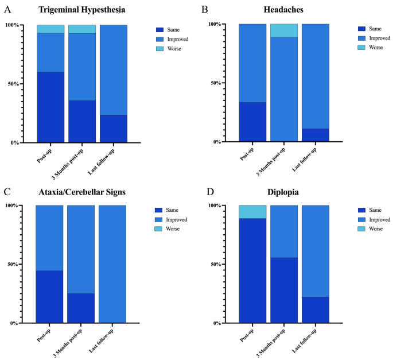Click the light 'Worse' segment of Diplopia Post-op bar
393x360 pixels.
(252, 212)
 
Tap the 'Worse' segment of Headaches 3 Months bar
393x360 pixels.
(284, 30)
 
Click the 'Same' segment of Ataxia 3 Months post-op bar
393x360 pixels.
(81, 308)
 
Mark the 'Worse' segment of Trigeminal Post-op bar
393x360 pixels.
(50, 29)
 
